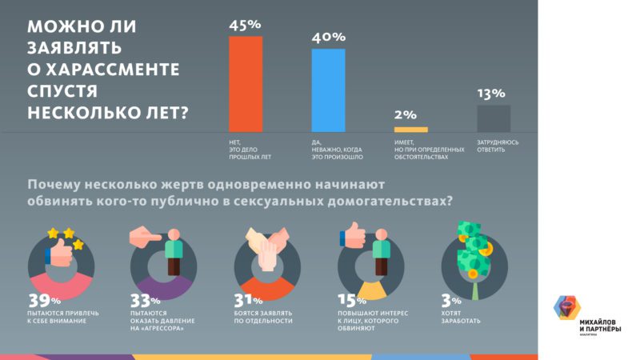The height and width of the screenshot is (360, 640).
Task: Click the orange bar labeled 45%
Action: (x=245, y=84)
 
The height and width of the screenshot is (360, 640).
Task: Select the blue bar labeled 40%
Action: (x=328, y=90)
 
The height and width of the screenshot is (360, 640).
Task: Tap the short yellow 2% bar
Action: (x=410, y=129)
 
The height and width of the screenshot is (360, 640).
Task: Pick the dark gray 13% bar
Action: (x=494, y=118)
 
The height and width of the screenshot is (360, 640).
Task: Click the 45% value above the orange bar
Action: (x=245, y=25)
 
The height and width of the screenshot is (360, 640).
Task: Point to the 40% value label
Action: (x=328, y=37)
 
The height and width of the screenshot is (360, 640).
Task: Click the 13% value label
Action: (x=492, y=94)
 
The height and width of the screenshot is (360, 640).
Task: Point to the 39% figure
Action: (x=45, y=302)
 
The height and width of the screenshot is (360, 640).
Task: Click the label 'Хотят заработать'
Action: (x=461, y=317)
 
